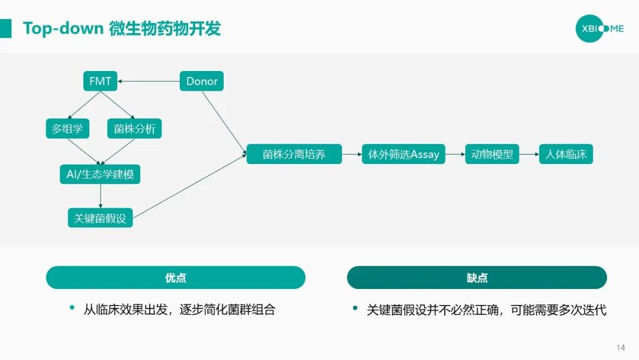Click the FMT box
[x=100, y=81]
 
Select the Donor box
[x=202, y=81]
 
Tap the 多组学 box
[x=67, y=128]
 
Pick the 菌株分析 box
[x=134, y=128]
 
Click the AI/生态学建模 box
[x=100, y=174]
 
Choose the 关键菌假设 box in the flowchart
[x=100, y=217]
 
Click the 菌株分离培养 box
[x=294, y=155]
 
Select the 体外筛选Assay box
[x=404, y=155]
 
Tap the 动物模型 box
[x=492, y=155]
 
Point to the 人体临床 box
[x=566, y=155]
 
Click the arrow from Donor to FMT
[x=149, y=81]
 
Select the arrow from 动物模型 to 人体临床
[x=529, y=155]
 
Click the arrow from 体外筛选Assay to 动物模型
[x=455, y=155]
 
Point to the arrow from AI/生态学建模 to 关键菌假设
[x=101, y=196]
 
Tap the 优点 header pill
[x=176, y=277]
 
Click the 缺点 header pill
[x=477, y=277]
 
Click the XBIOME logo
[x=599, y=28]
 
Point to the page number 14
[x=621, y=348]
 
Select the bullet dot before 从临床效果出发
[x=72, y=308]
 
